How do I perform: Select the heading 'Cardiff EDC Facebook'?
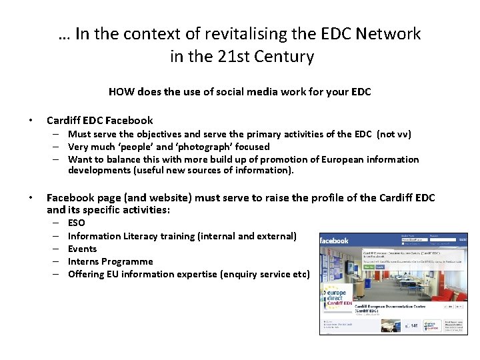[x=99, y=121]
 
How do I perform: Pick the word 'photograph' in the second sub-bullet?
[x=183, y=147]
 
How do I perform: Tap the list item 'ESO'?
[x=77, y=223]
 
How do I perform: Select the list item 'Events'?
[x=82, y=249]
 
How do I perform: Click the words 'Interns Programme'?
[x=110, y=261]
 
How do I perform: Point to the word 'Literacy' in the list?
[x=143, y=236]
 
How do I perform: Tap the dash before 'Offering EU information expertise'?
[x=53, y=274]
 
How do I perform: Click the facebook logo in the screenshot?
[x=335, y=241]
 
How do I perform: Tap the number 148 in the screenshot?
[x=413, y=325]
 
